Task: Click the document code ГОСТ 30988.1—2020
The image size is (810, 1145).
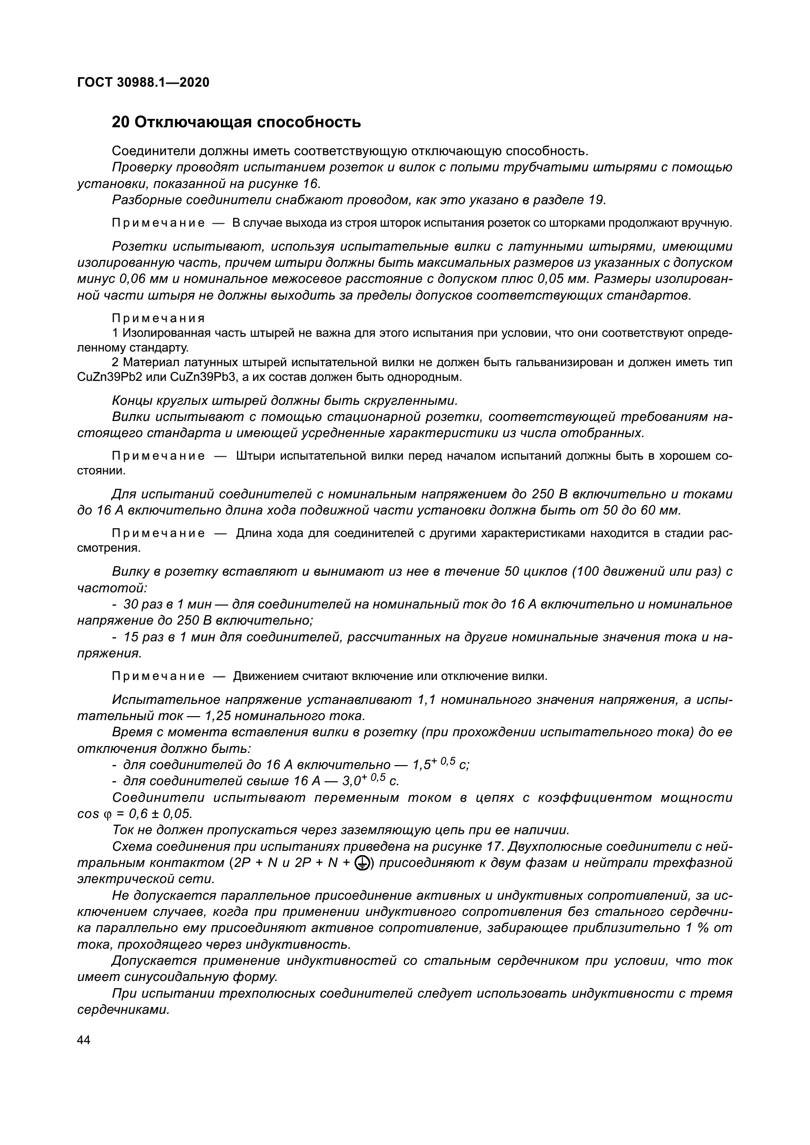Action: coord(143,82)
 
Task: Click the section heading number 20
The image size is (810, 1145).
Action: coord(120,122)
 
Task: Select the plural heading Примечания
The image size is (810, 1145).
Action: coord(159,318)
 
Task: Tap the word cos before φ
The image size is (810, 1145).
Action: coord(88,814)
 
